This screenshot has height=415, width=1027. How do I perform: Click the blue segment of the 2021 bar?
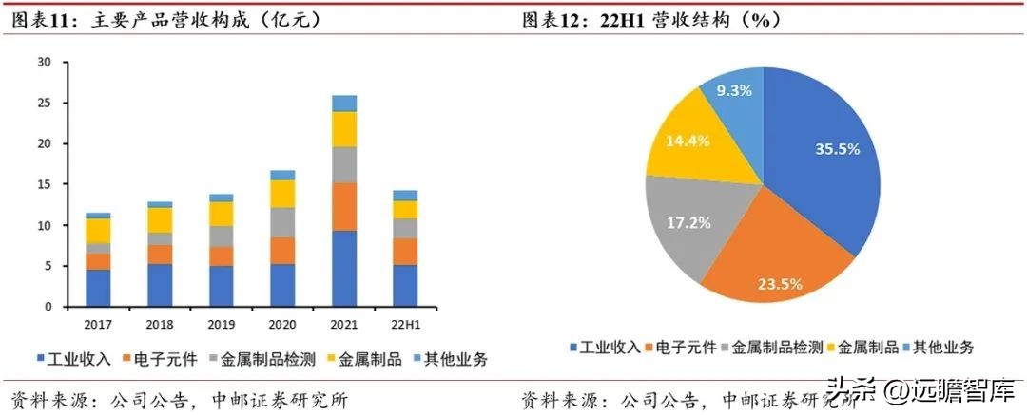pyautogui.click(x=344, y=269)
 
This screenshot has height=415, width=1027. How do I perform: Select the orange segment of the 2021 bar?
pyautogui.click(x=344, y=207)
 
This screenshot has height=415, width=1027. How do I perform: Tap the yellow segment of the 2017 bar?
pyautogui.click(x=98, y=230)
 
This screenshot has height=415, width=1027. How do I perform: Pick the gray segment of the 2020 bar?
pyautogui.click(x=283, y=221)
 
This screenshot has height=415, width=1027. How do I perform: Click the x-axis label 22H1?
pyautogui.click(x=406, y=324)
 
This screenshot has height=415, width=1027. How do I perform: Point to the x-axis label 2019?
pyautogui.click(x=222, y=324)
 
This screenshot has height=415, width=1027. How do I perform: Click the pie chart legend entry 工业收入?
pyautogui.click(x=606, y=348)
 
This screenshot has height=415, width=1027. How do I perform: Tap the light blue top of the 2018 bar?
pyautogui.click(x=160, y=204)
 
